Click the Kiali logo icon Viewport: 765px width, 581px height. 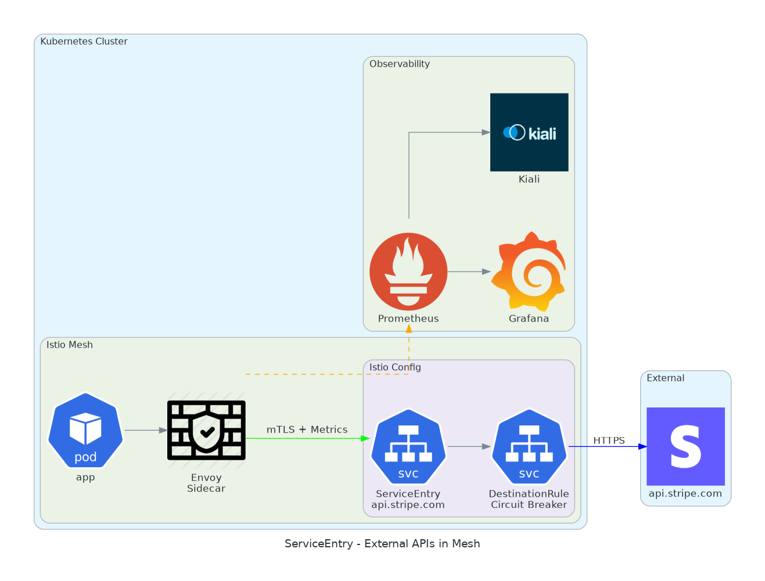point(529,132)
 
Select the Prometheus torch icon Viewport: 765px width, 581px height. point(408,271)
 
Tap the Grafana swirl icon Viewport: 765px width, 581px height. point(529,271)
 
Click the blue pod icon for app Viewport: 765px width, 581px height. point(85,430)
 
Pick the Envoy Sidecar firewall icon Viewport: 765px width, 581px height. point(206,430)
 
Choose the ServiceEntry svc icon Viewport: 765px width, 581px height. point(408,446)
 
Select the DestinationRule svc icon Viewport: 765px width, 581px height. point(529,446)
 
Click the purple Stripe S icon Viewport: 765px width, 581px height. point(685,446)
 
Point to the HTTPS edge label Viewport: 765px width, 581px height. point(609,441)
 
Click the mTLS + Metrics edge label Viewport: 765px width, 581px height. point(307,430)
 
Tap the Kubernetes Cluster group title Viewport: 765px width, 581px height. point(84,41)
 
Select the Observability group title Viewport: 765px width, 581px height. point(400,64)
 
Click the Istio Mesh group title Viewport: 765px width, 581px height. point(69,345)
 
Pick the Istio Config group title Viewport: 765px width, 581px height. point(395,367)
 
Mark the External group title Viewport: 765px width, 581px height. point(665,378)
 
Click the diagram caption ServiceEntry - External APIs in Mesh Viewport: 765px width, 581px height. point(382,544)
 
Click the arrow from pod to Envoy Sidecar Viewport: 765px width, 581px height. point(146,430)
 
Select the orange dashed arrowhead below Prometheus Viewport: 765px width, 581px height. point(409,329)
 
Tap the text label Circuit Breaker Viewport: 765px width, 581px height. point(529,505)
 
